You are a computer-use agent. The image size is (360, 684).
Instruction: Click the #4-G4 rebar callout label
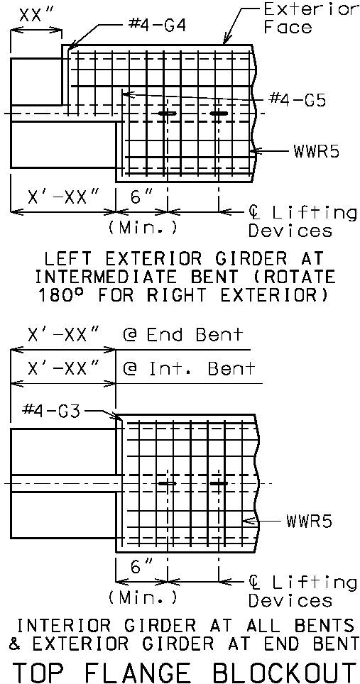158,26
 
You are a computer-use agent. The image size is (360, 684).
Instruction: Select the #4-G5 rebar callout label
297,99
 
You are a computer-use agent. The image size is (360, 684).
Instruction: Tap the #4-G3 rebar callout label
52,411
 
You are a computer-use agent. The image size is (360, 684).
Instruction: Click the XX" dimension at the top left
36,16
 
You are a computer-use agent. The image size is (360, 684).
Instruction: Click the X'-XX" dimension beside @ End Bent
63,336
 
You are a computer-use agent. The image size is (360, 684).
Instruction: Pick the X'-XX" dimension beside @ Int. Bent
63,369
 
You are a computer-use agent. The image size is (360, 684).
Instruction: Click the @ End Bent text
182,335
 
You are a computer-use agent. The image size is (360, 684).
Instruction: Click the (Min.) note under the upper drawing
142,228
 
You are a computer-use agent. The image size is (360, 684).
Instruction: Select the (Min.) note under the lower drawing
142,597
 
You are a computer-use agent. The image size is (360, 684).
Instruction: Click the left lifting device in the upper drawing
167,114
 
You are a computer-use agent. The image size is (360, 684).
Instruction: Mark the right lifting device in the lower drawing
219,483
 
